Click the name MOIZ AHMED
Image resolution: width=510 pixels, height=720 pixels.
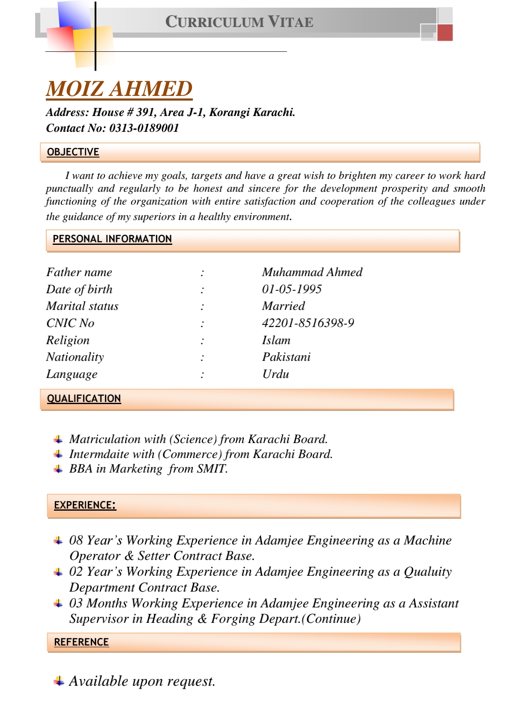click(119, 89)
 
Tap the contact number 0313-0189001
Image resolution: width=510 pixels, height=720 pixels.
click(144, 128)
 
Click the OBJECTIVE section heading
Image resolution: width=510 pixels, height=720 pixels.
click(73, 152)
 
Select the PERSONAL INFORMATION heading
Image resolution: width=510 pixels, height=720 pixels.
click(112, 239)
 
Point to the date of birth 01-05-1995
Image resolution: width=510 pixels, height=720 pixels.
click(292, 289)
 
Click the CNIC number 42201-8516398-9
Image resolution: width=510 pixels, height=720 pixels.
click(308, 323)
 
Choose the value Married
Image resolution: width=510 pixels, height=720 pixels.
click(283, 306)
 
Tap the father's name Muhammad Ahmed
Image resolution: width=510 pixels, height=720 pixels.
click(312, 272)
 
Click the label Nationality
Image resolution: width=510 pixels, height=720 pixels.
click(75, 357)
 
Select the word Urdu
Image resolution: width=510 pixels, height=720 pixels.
click(276, 374)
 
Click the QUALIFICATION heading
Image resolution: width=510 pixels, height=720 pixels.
click(84, 399)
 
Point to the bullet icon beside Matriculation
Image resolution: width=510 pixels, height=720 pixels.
click(59, 440)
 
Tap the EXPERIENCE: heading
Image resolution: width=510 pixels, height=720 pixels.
click(85, 505)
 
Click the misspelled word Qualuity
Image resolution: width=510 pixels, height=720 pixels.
click(428, 572)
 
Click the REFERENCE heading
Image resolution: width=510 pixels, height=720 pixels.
click(81, 642)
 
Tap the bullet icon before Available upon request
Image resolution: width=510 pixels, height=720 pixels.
click(59, 681)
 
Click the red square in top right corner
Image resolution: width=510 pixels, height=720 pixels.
click(445, 33)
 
